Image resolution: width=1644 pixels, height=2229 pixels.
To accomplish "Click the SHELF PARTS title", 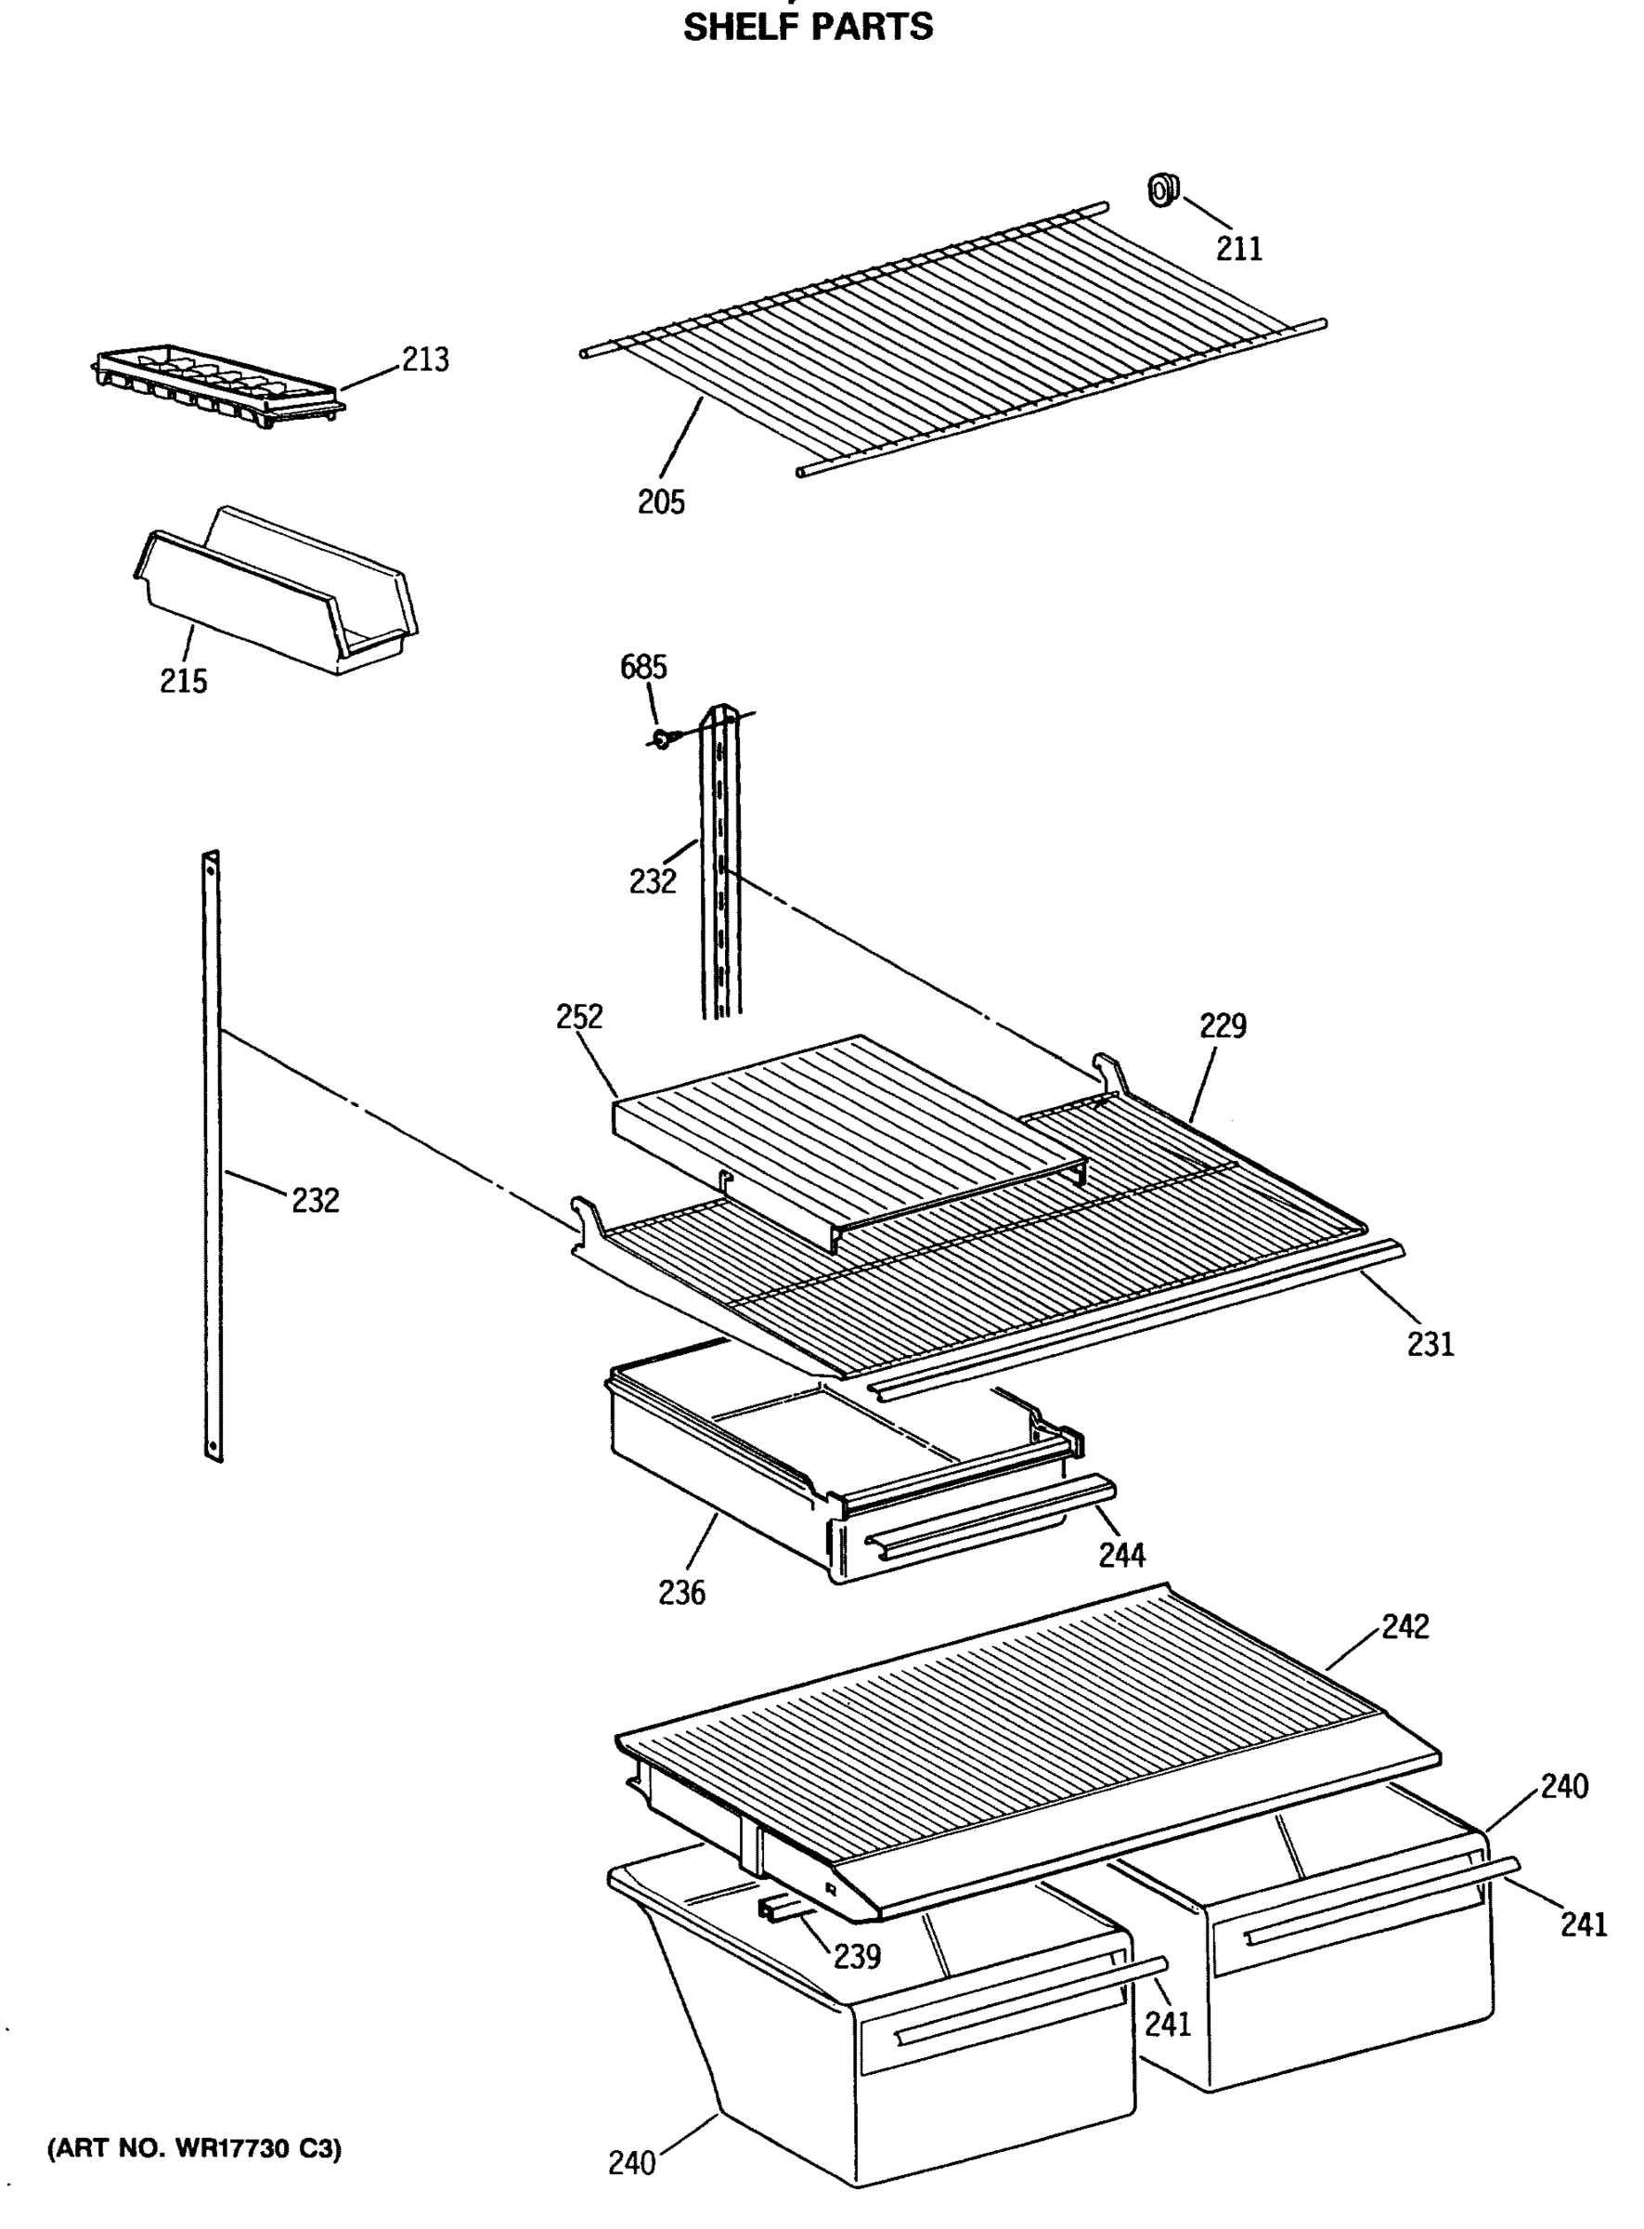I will click(x=807, y=26).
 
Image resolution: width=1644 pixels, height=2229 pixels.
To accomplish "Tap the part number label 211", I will click(x=1239, y=248).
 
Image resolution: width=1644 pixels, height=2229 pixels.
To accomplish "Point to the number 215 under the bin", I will click(x=184, y=681).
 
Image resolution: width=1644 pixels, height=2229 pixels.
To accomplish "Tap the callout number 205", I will click(x=662, y=502).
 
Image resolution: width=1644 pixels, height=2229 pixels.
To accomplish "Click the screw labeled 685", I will click(x=663, y=737).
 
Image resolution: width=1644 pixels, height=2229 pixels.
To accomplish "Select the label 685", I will click(x=644, y=666).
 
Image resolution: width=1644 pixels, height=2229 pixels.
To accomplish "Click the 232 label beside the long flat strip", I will click(x=316, y=1201).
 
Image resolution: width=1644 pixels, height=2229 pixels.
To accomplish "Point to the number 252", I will click(x=579, y=1016).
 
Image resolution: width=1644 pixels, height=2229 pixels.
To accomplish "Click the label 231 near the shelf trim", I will click(x=1430, y=1344).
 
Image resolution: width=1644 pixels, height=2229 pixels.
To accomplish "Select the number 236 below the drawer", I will click(x=681, y=1593).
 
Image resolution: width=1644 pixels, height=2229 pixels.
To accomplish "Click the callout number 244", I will click(x=1121, y=1554).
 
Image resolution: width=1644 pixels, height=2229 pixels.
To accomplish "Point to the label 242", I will click(x=1405, y=1626).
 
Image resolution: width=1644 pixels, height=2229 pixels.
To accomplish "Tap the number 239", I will click(x=857, y=1956).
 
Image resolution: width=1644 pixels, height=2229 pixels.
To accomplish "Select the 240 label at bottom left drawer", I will click(x=632, y=2162).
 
